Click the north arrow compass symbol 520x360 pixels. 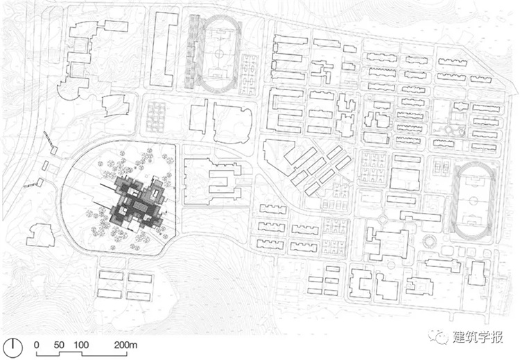13,348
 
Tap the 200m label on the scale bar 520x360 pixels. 125,345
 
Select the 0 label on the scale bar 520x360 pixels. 37,345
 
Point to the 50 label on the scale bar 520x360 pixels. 59,345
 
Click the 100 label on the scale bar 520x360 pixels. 81,345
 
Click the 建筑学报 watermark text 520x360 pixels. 478,337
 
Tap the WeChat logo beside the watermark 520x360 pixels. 438,336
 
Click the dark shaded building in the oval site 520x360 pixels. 137,204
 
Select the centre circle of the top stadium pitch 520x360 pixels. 219,53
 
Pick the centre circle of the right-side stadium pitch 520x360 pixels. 474,200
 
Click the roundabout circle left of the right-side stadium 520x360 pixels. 382,219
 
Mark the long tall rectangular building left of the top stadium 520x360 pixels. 162,49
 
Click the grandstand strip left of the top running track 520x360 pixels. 194,52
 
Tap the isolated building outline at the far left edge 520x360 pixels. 41,235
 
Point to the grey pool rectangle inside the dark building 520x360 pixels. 140,207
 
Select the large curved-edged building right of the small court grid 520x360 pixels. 233,123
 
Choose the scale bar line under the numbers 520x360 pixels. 81,354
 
